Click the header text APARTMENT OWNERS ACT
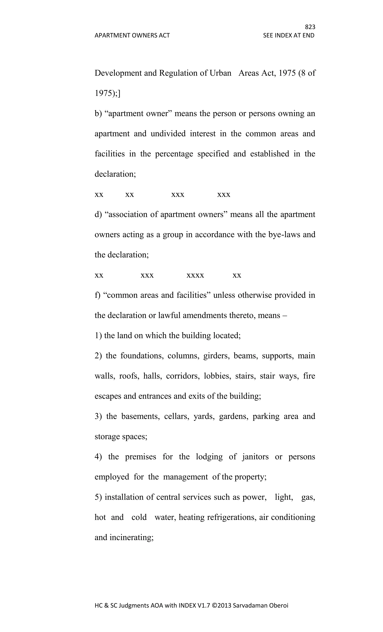132,35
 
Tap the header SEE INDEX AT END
289,35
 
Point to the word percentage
174,154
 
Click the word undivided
168,134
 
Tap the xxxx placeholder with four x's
195,275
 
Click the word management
185,477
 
